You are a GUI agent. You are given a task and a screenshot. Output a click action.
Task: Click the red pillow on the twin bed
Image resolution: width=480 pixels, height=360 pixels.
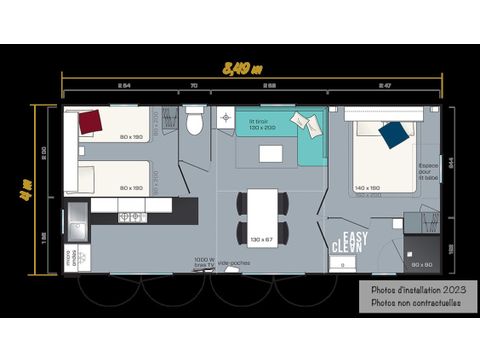click(x=91, y=121)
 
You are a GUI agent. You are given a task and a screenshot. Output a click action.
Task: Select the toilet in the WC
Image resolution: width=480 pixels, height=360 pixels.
click(x=196, y=121)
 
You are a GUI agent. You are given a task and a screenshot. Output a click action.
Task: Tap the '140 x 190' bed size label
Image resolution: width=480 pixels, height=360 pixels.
click(x=368, y=187)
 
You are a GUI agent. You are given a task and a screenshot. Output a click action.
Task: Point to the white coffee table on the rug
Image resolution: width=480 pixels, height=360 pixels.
click(x=271, y=153)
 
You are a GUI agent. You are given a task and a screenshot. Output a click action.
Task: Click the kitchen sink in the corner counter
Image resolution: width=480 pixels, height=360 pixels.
click(x=78, y=212)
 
